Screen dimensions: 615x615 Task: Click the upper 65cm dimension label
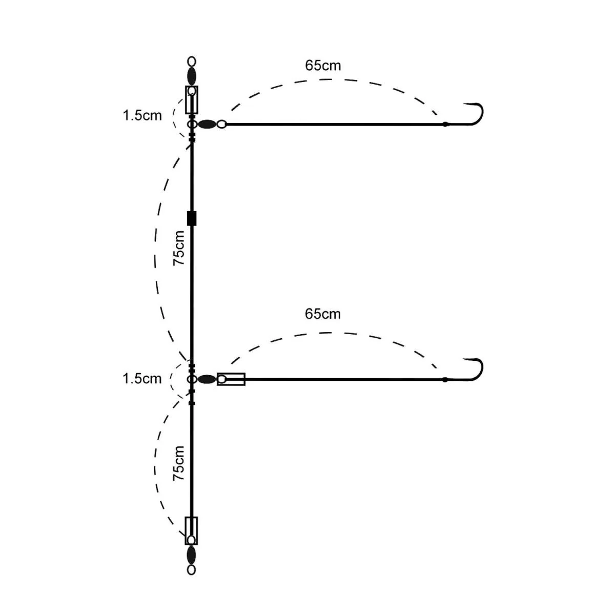pyautogui.click(x=323, y=66)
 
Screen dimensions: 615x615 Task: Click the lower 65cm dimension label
pyautogui.click(x=323, y=314)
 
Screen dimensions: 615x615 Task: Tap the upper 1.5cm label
pyautogui.click(x=142, y=115)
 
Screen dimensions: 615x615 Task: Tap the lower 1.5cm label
pyautogui.click(x=142, y=379)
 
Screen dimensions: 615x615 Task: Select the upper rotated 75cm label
pyautogui.click(x=179, y=248)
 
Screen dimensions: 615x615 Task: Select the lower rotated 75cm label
pyautogui.click(x=179, y=463)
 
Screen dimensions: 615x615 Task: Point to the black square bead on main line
pyautogui.click(x=192, y=218)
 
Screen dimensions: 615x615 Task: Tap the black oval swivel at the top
pyautogui.click(x=192, y=76)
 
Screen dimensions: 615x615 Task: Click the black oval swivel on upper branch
pyautogui.click(x=207, y=124)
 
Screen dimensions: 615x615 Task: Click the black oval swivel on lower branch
pyautogui.click(x=207, y=379)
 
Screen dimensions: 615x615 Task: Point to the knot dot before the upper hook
pyautogui.click(x=445, y=124)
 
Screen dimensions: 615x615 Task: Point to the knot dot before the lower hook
pyautogui.click(x=445, y=379)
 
